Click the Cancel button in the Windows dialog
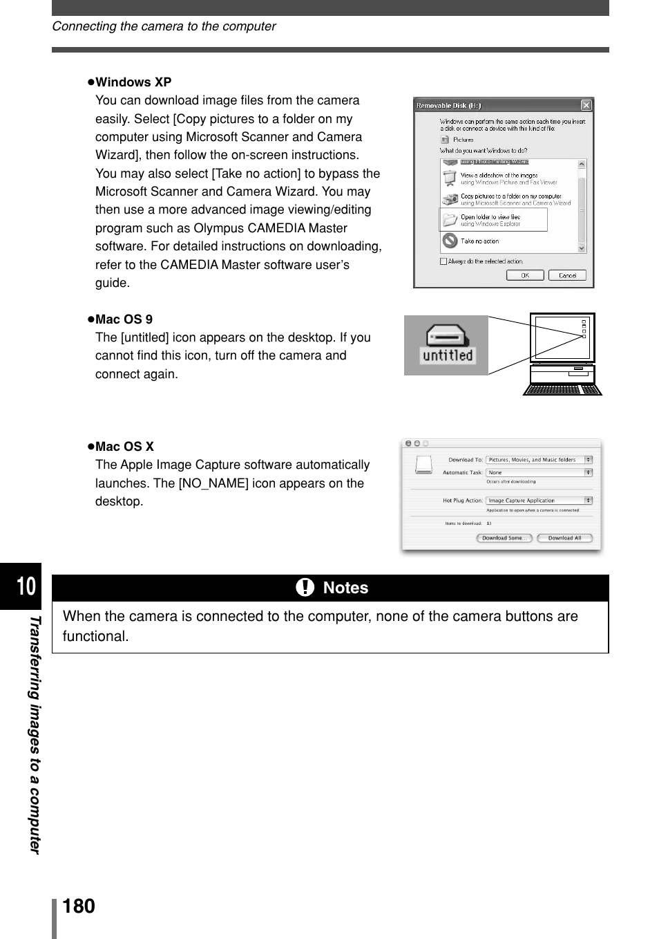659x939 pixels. pos(567,275)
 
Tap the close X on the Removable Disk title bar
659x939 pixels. pos(586,105)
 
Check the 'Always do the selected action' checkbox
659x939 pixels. pos(443,261)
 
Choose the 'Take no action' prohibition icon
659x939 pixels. pos(450,241)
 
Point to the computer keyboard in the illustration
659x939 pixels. pos(562,389)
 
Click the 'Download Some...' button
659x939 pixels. pos(504,538)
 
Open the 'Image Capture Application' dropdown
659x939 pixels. pos(539,501)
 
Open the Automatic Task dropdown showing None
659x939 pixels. pos(539,473)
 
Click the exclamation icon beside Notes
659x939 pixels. pos(305,588)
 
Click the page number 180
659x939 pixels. pos(79,907)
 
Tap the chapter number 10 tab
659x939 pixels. pos(25,586)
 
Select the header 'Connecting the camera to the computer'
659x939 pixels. pos(164,26)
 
